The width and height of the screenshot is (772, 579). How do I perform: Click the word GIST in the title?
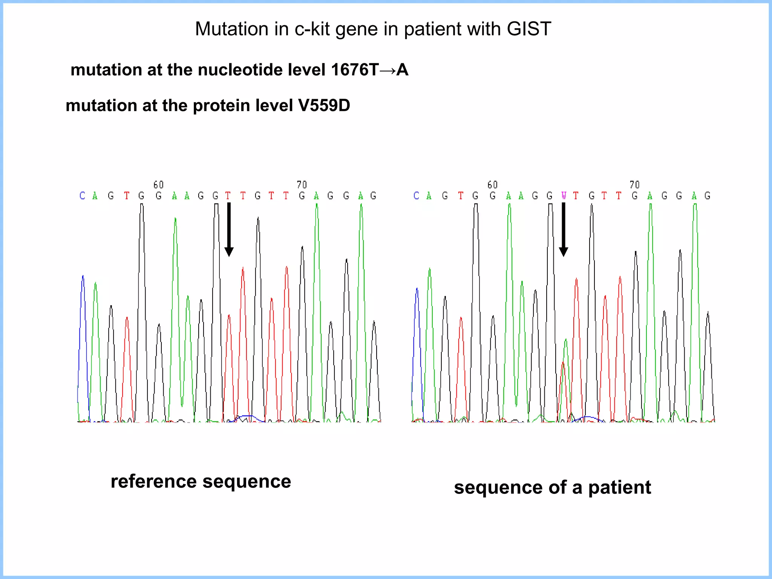(x=529, y=29)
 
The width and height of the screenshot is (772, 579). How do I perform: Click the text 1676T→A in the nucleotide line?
(x=369, y=70)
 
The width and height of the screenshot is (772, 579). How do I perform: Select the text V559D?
(x=324, y=106)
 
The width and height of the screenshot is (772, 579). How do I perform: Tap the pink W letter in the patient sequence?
(x=564, y=196)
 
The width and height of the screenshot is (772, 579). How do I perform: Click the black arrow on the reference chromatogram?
(x=229, y=230)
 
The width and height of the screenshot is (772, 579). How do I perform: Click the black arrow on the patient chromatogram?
(x=563, y=230)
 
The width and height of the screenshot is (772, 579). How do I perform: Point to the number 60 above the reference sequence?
(x=159, y=185)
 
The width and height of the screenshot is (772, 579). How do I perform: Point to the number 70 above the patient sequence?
(x=634, y=185)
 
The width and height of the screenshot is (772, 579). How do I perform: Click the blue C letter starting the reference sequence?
(x=82, y=196)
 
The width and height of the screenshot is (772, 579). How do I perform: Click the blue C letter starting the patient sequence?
(x=416, y=196)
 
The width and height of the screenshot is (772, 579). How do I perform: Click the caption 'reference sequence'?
(x=201, y=481)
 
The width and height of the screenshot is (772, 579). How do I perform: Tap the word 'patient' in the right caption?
(x=619, y=487)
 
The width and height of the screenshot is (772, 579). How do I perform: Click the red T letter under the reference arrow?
(x=228, y=196)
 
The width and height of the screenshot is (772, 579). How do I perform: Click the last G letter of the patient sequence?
(x=708, y=196)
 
